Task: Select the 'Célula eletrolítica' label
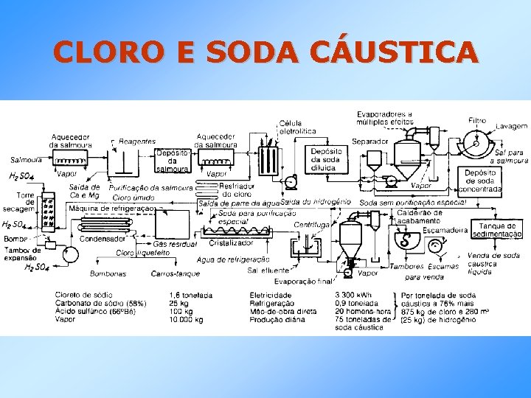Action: [x=297, y=127]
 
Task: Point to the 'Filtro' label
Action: [x=477, y=120]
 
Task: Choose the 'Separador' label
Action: [x=369, y=141]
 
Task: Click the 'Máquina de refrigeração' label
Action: [x=111, y=209]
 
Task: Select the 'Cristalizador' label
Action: [x=231, y=242]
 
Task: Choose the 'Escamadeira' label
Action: [x=448, y=230]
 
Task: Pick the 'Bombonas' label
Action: [x=108, y=273]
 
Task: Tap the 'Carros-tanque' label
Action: [x=171, y=273]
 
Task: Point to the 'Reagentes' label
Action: [x=136, y=141]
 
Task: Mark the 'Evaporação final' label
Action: [x=303, y=281]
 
